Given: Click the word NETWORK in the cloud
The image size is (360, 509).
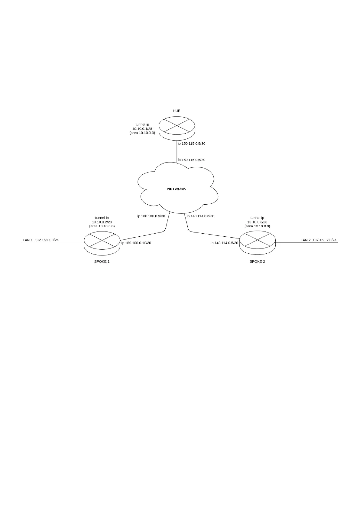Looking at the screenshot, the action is tap(177, 189).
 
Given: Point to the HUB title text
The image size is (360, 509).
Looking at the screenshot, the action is tap(177, 111).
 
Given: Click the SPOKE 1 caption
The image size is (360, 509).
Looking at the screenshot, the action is tap(102, 261).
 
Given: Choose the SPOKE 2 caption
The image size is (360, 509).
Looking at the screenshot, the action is tap(257, 261).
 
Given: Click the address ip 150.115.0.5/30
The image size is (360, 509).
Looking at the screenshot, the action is tap(191, 144).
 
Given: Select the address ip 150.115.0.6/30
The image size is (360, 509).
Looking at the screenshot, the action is tap(191, 160).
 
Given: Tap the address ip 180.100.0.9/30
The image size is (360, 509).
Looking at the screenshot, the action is tap(151, 216).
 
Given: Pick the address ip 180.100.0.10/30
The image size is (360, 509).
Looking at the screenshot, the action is tap(136, 243).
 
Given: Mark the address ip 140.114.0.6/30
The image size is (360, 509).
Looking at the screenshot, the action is tap(200, 216).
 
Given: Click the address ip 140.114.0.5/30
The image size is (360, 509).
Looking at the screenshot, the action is tap(225, 243).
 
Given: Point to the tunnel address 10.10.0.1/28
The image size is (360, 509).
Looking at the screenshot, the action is tap(142, 128).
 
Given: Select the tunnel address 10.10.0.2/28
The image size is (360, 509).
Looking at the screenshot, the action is tap(102, 222).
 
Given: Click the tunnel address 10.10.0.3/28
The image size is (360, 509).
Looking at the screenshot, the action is tap(257, 222).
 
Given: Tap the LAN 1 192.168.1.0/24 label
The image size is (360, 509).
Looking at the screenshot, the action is tap(41, 240).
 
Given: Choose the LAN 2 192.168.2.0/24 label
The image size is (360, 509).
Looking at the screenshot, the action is tap(319, 240).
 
